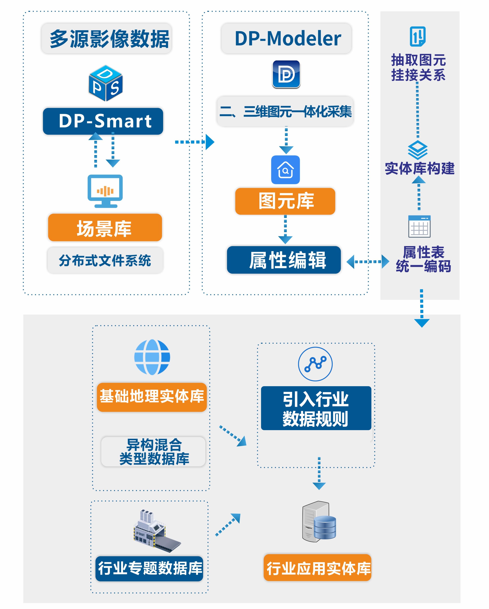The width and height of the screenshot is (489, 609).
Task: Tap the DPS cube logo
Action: tap(106, 83)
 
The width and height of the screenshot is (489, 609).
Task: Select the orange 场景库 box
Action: tap(105, 228)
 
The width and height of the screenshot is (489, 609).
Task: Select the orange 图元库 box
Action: tap(285, 201)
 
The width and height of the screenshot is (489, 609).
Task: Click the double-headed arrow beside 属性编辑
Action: tap(368, 262)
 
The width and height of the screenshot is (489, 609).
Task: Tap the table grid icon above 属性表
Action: tap(419, 227)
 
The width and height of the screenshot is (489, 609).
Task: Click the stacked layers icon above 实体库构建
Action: tap(418, 150)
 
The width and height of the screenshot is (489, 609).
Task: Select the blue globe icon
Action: tap(152, 357)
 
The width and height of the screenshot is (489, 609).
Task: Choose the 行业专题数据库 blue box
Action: tap(149, 568)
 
